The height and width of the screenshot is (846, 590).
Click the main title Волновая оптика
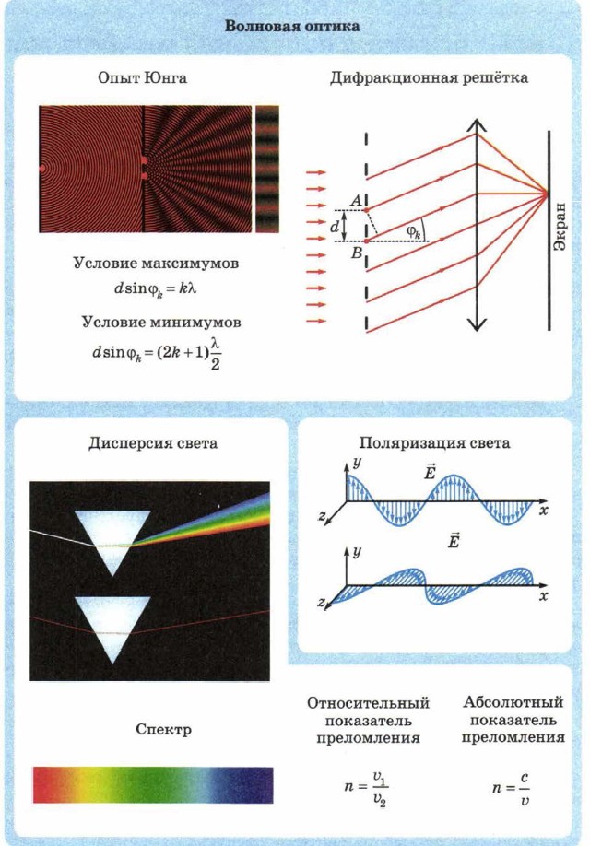294,26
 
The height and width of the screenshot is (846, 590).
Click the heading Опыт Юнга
143,78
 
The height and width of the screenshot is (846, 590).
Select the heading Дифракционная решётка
429,78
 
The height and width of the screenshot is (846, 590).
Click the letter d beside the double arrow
336,225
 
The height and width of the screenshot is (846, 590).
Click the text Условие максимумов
156,264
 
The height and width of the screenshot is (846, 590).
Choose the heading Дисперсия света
153,443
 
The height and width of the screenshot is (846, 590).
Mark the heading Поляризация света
434,443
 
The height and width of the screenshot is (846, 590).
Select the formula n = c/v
513,788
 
